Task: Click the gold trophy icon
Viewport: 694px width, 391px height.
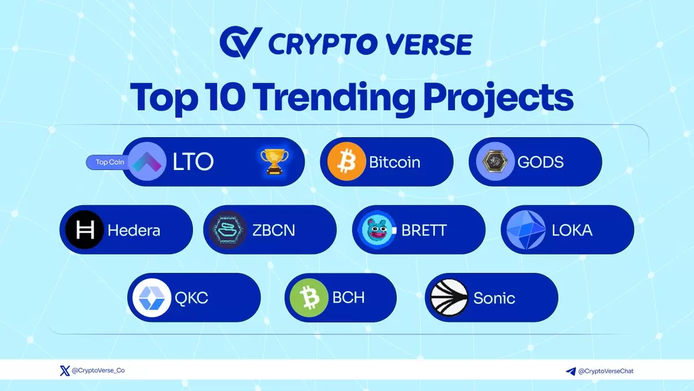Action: pos(274,161)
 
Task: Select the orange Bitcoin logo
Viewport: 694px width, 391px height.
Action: pos(346,161)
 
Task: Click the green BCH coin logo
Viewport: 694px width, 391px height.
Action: pos(309,298)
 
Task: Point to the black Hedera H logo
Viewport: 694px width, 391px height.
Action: pos(84,230)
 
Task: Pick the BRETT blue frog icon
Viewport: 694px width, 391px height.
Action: pos(377,230)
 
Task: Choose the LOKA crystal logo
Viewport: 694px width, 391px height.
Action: pos(526,230)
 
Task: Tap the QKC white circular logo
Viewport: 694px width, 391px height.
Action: pos(152,298)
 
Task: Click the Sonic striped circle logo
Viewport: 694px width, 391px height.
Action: pos(449,298)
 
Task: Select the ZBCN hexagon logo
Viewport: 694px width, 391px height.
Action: pos(228,230)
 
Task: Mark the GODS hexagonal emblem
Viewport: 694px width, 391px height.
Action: pos(495,161)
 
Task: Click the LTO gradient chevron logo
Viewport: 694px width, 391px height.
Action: pos(147,161)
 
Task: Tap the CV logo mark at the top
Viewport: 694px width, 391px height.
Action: pos(241,42)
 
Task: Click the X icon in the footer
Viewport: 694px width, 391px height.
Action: pos(65,371)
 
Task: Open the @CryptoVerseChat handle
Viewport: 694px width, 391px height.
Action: pos(606,371)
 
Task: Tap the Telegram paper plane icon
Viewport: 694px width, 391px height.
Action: pos(571,371)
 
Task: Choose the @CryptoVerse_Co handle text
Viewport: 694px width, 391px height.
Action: pos(98,370)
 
